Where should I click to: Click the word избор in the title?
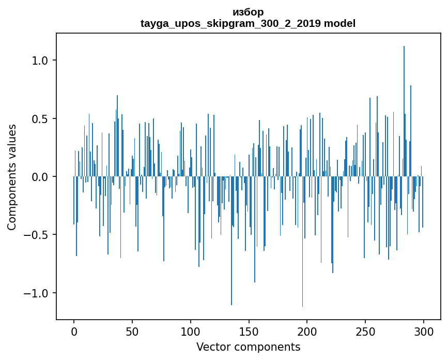pyautogui.click(x=248, y=12)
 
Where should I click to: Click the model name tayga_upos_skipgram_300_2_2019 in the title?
pyautogui.click(x=231, y=24)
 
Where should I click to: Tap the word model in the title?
pyautogui.click(x=339, y=24)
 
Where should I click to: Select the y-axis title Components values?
pyautogui.click(x=12, y=177)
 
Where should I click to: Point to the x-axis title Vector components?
pyautogui.click(x=248, y=347)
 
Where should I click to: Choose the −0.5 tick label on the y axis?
pyautogui.click(x=38, y=235)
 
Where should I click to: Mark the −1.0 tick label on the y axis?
pyautogui.click(x=38, y=293)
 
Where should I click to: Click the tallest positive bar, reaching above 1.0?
pyautogui.click(x=404, y=103)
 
